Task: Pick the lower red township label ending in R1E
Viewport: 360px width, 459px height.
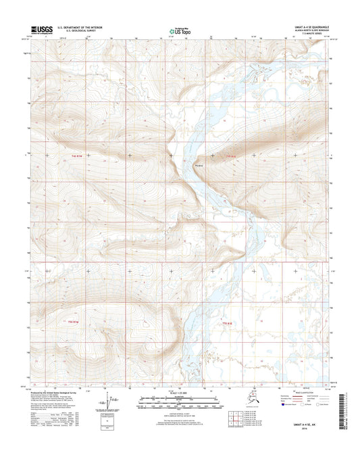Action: [228, 323]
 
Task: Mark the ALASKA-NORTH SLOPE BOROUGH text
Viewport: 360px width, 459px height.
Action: [301, 30]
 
